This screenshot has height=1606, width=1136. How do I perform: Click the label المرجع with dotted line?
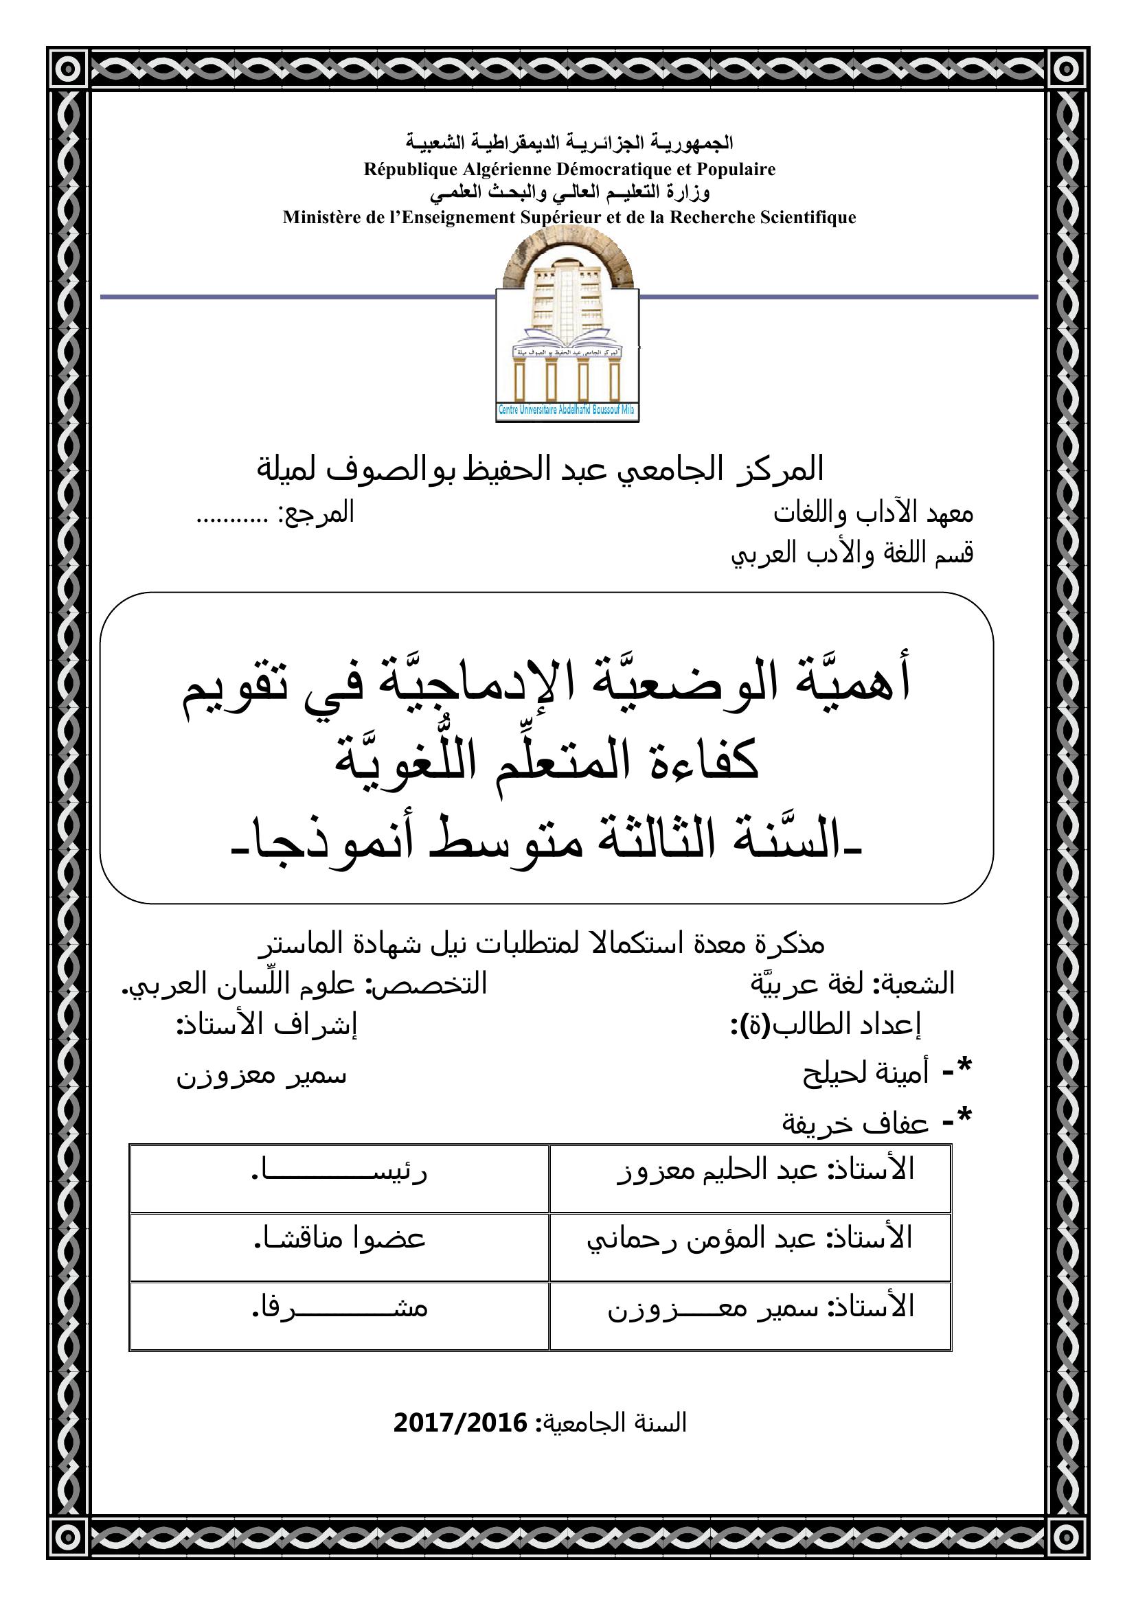coord(275,514)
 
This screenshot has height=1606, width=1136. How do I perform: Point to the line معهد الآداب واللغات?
coord(873,514)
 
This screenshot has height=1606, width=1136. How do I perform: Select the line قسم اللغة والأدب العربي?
coord(852,554)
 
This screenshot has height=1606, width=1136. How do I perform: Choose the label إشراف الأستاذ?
coord(266,1024)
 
